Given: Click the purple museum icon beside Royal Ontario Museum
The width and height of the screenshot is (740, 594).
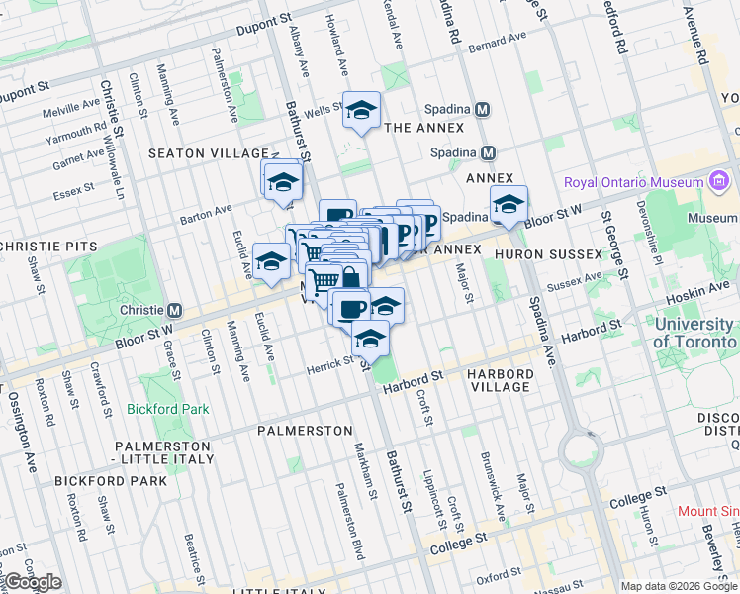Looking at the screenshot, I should (x=719, y=182).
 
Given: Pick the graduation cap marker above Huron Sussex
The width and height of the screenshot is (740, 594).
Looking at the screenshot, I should (x=509, y=204).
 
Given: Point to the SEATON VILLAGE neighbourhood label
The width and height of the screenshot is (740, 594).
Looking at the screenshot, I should (x=209, y=153).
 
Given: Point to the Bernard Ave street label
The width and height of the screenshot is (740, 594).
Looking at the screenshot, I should (x=491, y=47).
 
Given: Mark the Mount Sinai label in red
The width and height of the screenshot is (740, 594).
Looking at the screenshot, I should (x=708, y=512).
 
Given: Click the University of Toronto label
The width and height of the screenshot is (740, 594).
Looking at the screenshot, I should (x=695, y=333).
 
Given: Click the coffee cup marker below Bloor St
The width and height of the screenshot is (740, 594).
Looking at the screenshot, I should (x=349, y=307).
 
